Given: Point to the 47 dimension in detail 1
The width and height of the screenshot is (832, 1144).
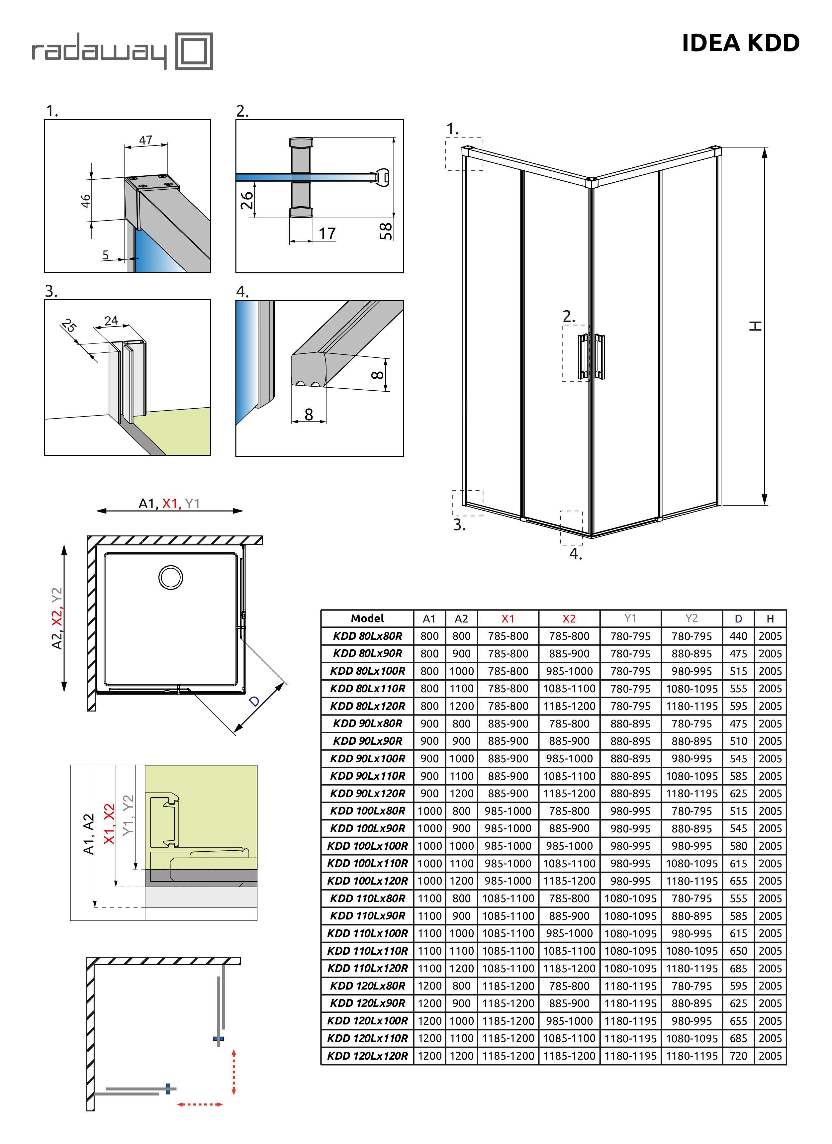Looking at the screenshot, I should point(146,140).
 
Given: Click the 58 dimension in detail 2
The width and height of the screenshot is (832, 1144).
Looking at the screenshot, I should point(386,231).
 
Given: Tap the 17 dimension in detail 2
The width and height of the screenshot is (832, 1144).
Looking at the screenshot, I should point(327,234).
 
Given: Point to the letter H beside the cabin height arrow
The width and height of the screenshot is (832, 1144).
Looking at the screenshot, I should point(755,326).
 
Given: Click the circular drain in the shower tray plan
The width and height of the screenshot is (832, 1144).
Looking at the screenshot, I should point(170,578).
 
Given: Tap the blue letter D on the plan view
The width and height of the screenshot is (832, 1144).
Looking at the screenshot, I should point(255,701).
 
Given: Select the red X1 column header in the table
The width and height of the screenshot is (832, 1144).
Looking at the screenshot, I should point(508,619).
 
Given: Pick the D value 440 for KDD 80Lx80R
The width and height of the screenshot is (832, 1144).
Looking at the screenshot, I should point(738,636).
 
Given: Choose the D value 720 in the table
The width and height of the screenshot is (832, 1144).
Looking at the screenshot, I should point(738,1056).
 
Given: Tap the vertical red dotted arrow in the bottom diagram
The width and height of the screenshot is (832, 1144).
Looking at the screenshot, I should point(233,1072).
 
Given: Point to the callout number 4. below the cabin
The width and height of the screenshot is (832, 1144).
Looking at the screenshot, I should point(575,554).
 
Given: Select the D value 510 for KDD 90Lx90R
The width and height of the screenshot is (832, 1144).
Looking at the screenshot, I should point(738,741).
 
